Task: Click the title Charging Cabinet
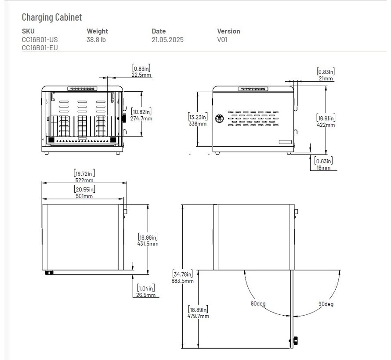52,17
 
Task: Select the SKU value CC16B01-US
40,40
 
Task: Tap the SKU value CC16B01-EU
40,48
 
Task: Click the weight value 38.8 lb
96,40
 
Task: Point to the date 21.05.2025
167,40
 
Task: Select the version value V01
222,40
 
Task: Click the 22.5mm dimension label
141,75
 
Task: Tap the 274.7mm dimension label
141,119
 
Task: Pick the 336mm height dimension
197,124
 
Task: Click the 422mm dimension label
326,125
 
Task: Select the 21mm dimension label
325,79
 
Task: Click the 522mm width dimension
83,180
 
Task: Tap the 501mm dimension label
83,196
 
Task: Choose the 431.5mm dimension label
148,244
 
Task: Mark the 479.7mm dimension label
198,316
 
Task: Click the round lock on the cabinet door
218,118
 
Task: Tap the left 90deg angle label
259,304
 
